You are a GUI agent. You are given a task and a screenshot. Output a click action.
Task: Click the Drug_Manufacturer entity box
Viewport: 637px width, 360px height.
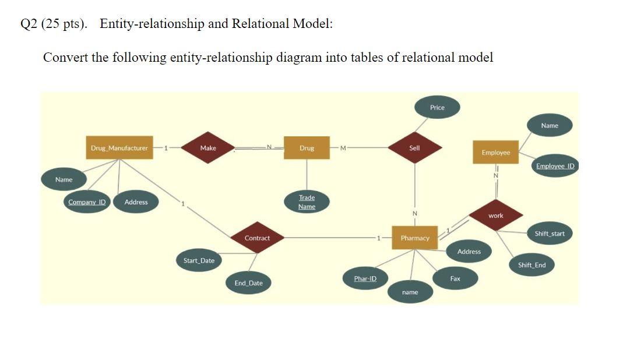pyautogui.click(x=119, y=148)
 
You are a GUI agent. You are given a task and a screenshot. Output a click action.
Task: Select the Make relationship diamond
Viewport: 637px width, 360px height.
pyautogui.click(x=208, y=148)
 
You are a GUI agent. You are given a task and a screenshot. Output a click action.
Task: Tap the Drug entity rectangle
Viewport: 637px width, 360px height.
pyautogui.click(x=307, y=148)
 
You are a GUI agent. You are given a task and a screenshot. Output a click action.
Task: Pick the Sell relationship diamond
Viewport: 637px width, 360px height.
pyautogui.click(x=414, y=148)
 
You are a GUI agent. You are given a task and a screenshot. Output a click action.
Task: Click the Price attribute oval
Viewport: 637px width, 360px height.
pyautogui.click(x=437, y=107)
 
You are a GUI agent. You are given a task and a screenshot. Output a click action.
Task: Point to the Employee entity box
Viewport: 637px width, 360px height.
pyautogui.click(x=495, y=152)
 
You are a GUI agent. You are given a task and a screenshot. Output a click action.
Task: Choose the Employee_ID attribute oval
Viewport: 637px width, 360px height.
pyautogui.click(x=554, y=166)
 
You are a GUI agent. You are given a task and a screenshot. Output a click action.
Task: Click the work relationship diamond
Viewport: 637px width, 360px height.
pyautogui.click(x=496, y=216)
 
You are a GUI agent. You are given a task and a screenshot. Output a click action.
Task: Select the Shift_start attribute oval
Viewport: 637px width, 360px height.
pyautogui.click(x=550, y=234)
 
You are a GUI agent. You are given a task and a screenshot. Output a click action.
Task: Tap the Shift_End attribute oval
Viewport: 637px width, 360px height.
pyautogui.click(x=532, y=265)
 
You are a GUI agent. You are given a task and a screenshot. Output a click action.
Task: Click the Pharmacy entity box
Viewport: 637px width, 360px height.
pyautogui.click(x=414, y=238)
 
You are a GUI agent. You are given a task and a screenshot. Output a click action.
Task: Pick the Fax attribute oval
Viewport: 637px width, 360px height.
pyautogui.click(x=455, y=278)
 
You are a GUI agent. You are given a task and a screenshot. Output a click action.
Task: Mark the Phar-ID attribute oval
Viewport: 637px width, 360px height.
pyautogui.click(x=365, y=278)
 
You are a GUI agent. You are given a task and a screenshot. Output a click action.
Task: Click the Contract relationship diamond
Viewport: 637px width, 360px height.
pyautogui.click(x=257, y=238)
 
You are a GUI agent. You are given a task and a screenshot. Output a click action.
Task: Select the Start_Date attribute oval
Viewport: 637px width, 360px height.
pyautogui.click(x=199, y=260)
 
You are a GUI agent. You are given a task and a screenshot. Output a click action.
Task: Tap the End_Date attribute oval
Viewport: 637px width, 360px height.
pyautogui.click(x=248, y=283)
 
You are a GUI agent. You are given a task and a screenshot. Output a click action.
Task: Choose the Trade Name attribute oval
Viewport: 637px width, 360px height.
pyautogui.click(x=307, y=202)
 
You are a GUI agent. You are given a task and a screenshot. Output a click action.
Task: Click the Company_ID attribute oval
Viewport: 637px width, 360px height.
pyautogui.click(x=87, y=202)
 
